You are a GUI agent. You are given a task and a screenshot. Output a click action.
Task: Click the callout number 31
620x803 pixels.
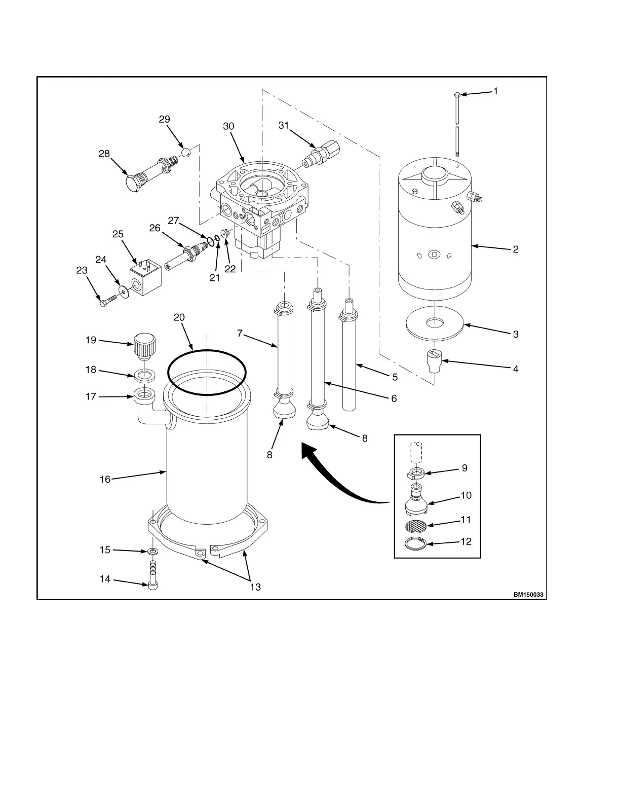[284, 125]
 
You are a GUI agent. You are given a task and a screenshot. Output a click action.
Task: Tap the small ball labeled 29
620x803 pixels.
[186, 152]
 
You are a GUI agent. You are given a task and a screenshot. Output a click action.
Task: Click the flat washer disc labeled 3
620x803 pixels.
[435, 324]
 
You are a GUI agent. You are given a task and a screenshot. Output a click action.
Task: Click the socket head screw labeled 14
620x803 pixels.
[153, 576]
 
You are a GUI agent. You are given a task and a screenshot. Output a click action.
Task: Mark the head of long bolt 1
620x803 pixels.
[457, 94]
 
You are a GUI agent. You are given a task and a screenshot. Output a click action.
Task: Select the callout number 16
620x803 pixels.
[105, 479]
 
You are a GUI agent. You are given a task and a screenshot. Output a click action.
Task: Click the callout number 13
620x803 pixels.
[255, 587]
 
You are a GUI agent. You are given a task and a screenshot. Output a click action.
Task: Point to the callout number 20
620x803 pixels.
[179, 317]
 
